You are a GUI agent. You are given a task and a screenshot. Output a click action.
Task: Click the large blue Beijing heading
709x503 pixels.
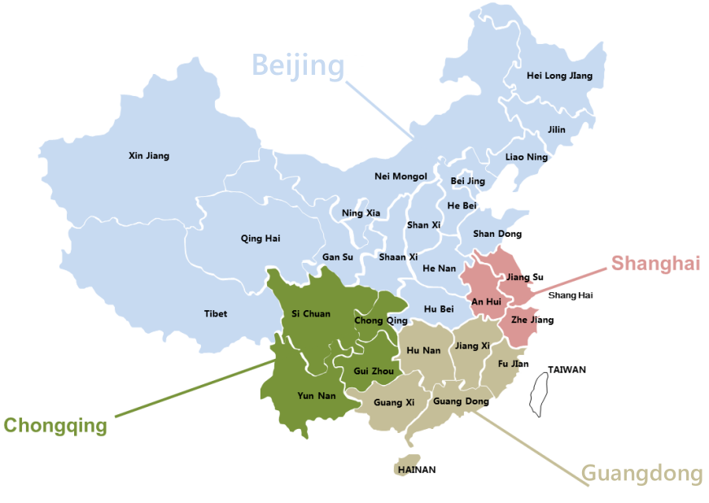[298, 64]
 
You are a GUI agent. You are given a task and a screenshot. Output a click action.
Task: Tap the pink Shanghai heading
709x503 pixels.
[655, 263]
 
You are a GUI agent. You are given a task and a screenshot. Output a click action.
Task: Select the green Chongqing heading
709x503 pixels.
[55, 426]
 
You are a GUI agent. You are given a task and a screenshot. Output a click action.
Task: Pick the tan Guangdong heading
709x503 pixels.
[641, 474]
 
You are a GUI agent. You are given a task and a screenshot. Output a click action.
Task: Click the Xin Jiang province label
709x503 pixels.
[149, 155]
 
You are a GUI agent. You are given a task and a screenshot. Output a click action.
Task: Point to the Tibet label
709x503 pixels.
[216, 313]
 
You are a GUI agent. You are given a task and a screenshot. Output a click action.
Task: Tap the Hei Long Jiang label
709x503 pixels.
[560, 76]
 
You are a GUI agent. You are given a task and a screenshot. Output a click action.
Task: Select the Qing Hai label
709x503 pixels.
[260, 238]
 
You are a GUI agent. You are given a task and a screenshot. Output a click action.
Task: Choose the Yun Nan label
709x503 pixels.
[316, 396]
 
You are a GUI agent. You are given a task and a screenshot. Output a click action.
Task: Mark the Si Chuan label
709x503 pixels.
[311, 313]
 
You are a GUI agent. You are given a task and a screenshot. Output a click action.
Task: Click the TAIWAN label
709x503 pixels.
[567, 370]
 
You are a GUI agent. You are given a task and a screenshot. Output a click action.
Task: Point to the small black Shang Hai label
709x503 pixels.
[571, 295]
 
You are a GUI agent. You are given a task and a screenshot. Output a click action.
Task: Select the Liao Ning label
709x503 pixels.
[527, 156]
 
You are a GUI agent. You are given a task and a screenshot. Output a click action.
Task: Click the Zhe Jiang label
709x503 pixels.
[532, 320]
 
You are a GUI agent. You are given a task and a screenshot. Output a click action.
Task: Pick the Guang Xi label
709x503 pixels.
[394, 402]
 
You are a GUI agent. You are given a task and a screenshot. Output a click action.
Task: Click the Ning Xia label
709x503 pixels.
[361, 213]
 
